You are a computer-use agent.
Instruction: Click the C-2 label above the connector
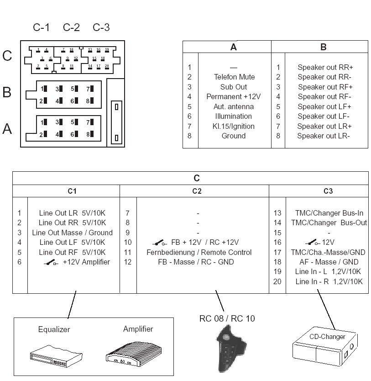coord(71,28)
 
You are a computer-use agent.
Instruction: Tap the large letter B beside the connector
coord(7,93)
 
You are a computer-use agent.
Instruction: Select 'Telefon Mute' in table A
coord(234,77)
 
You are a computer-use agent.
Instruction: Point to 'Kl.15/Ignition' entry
coord(233,126)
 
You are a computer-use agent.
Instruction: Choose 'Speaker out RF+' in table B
coord(325,87)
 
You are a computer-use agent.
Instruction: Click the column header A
coord(233,47)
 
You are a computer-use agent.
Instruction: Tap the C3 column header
coord(328,191)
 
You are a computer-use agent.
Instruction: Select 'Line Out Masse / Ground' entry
coord(72,233)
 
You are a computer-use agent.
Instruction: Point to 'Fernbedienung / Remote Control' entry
coord(199,252)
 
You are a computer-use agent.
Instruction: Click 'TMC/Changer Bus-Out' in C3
coord(329,223)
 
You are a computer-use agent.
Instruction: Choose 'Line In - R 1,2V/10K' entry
coord(329,281)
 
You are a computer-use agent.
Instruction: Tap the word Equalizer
coord(54,329)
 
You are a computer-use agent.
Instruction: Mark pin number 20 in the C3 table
coord(277,281)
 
